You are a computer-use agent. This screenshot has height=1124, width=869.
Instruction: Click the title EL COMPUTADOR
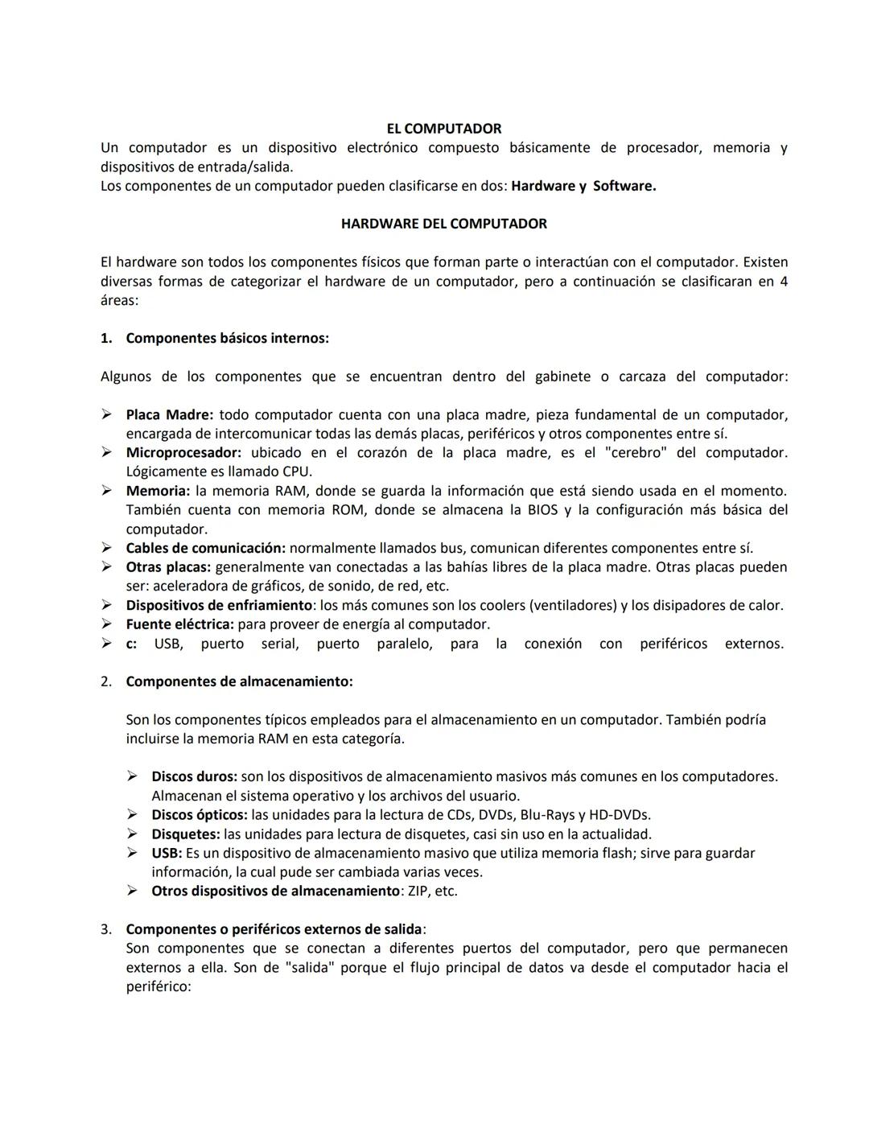tap(443, 129)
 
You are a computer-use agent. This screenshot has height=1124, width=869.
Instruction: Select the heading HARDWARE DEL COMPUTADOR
tap(443, 224)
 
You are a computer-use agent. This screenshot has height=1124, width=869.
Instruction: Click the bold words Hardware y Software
tap(583, 186)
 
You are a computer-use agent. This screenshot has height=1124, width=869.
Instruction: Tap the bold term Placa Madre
tap(169, 415)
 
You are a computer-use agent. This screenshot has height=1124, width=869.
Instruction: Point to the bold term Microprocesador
tap(183, 453)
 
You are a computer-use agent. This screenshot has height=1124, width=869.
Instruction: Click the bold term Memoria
tap(158, 491)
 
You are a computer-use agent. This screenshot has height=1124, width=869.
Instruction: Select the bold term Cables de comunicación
tap(205, 548)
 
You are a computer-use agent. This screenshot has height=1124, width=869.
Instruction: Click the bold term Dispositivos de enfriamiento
tap(219, 605)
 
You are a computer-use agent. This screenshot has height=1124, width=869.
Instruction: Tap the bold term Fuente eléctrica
tap(179, 624)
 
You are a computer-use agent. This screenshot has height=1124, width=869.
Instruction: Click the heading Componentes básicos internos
tap(227, 339)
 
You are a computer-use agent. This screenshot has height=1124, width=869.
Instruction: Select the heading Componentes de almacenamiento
tap(239, 681)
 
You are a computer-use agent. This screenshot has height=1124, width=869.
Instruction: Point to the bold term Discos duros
tap(194, 776)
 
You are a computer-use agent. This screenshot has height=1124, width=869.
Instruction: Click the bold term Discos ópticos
tap(199, 815)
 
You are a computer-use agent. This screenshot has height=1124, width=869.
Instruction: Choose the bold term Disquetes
tap(185, 834)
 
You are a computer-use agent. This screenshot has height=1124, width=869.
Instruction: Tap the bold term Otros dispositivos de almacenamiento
tap(275, 891)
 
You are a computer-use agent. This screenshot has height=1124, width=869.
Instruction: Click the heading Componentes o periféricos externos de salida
tap(274, 929)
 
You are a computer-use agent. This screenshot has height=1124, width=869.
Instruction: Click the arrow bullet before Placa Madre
tap(106, 415)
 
